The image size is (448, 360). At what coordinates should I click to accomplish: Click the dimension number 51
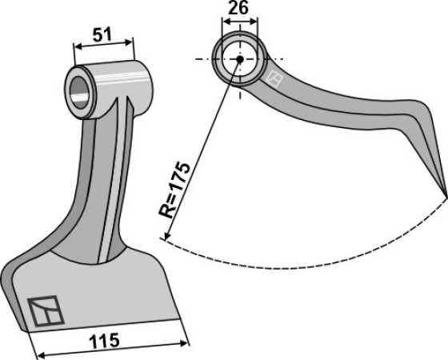click(x=102, y=35)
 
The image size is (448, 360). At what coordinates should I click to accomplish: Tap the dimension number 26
click(x=239, y=8)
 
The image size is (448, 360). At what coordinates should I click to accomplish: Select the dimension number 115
click(x=104, y=340)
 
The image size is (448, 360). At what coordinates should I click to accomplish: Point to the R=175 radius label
click(x=174, y=190)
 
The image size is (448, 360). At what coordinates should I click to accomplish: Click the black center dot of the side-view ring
click(x=240, y=59)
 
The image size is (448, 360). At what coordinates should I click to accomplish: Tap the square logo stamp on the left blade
click(x=46, y=311)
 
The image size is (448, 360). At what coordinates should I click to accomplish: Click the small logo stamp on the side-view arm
click(x=274, y=78)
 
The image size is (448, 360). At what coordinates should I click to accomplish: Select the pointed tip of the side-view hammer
click(x=446, y=197)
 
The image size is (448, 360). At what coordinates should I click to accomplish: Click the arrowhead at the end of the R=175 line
click(x=166, y=236)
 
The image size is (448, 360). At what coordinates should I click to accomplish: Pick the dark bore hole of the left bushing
click(x=80, y=93)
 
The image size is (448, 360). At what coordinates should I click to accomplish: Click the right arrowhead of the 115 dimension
click(x=184, y=343)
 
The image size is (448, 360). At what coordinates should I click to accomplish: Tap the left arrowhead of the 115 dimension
click(x=42, y=354)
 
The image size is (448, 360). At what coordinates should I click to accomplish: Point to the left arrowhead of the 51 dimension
click(x=78, y=46)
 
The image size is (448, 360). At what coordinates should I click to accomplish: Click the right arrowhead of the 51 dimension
click(x=129, y=42)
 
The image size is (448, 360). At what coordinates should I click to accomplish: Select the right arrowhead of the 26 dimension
click(x=254, y=21)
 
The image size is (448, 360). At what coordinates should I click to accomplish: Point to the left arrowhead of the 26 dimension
click(x=226, y=21)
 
